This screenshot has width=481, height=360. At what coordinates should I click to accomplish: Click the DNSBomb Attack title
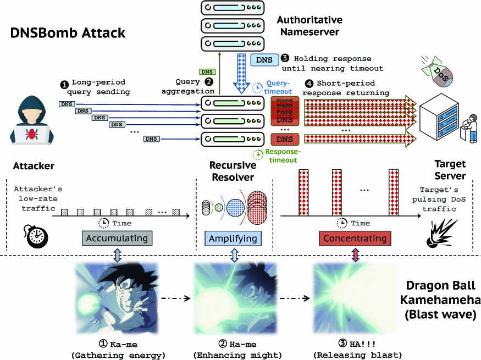68,33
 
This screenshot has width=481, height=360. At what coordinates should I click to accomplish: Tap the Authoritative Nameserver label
309,26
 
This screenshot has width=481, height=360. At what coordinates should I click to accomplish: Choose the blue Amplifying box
233,239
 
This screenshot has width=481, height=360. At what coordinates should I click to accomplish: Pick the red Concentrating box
355,239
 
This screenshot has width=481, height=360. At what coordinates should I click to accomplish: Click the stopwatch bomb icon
36,235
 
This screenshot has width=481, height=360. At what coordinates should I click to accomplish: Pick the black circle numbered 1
64,85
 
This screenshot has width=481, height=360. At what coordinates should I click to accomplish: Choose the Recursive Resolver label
233,171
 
